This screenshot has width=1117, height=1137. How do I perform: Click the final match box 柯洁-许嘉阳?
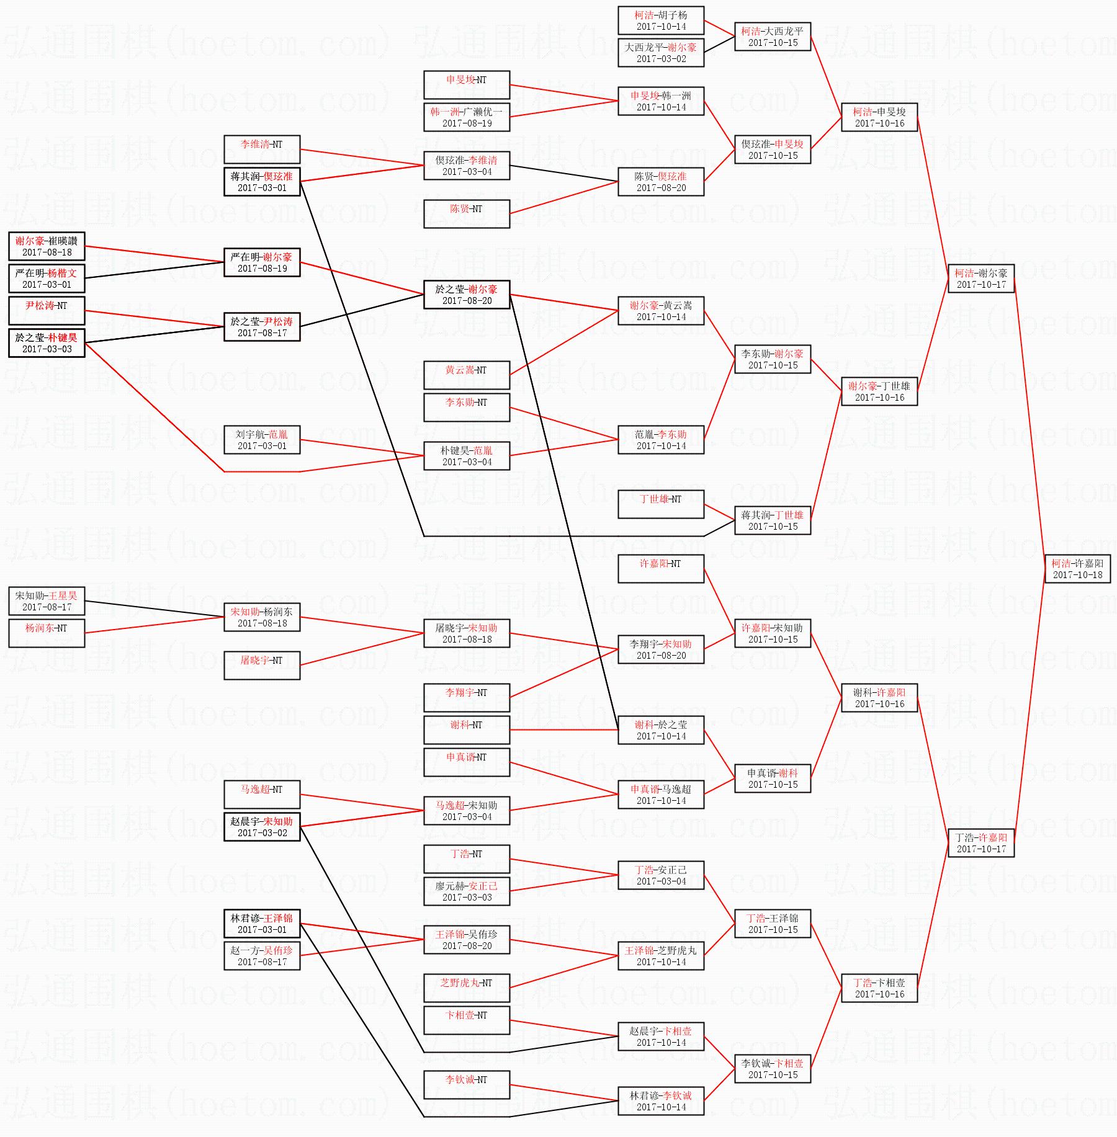click(x=1077, y=569)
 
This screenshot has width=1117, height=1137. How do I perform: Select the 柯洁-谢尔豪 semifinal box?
click(x=981, y=279)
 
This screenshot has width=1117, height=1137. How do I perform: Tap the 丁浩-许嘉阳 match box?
click(x=981, y=843)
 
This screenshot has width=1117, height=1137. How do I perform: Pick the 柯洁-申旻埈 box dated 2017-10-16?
click(x=879, y=117)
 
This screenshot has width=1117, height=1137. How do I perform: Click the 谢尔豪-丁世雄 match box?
click(x=879, y=391)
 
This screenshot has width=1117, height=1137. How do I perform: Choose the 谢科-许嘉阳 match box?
click(x=879, y=698)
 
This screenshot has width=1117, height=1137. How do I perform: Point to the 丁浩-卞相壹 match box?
click(x=879, y=988)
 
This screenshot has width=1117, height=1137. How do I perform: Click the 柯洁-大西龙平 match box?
click(x=773, y=37)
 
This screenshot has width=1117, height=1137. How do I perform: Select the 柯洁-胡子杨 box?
click(x=661, y=20)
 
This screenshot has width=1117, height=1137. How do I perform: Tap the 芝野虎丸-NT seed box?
click(x=467, y=988)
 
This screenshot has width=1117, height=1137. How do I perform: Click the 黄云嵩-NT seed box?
click(x=467, y=375)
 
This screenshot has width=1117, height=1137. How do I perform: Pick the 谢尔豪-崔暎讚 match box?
click(x=47, y=246)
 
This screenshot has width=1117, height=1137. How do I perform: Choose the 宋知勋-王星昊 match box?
click(x=47, y=601)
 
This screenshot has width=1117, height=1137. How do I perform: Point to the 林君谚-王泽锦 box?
click(x=262, y=924)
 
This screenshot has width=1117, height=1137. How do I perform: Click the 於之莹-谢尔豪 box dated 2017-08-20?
click(x=467, y=295)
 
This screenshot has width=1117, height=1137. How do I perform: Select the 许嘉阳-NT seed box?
click(x=661, y=569)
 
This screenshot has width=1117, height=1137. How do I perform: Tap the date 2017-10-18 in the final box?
click(x=1077, y=575)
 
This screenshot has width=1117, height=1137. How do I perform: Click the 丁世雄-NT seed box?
click(x=661, y=504)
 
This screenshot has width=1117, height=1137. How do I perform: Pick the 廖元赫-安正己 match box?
click(x=467, y=891)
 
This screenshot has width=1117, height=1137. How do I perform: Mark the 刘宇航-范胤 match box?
click(x=262, y=440)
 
